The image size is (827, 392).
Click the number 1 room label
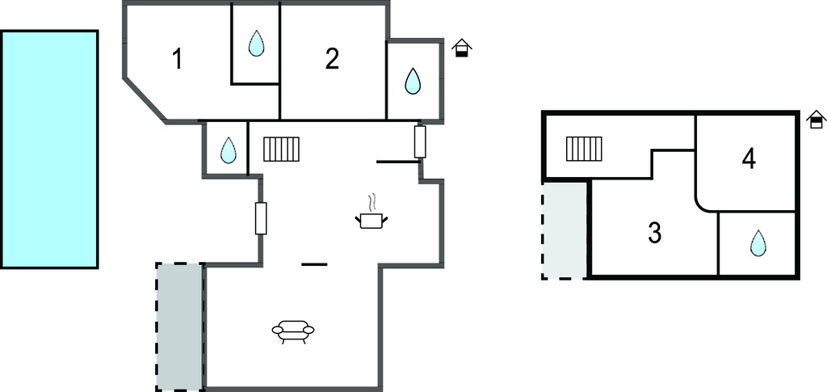(x=178, y=59)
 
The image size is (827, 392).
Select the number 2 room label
(x=332, y=59)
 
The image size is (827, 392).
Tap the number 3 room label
(x=655, y=233)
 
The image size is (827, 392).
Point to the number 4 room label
(x=749, y=158)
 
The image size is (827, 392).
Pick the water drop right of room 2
(x=413, y=81)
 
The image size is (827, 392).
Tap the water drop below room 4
(x=758, y=242)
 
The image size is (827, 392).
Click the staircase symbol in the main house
(x=281, y=149)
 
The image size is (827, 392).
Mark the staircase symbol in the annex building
(x=584, y=149)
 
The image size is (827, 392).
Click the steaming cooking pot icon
(x=372, y=214)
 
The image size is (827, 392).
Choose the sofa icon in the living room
(x=293, y=331)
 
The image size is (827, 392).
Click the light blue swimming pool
(x=49, y=149)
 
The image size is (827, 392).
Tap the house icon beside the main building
(x=461, y=48)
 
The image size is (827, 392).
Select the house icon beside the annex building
(x=817, y=120)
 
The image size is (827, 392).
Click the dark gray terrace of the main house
(x=179, y=326)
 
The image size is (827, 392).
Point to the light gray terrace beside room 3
(x=565, y=230)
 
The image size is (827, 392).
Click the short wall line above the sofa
(x=314, y=264)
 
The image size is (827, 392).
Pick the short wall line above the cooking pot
(x=398, y=162)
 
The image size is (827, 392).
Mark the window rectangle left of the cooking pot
(x=261, y=218)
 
